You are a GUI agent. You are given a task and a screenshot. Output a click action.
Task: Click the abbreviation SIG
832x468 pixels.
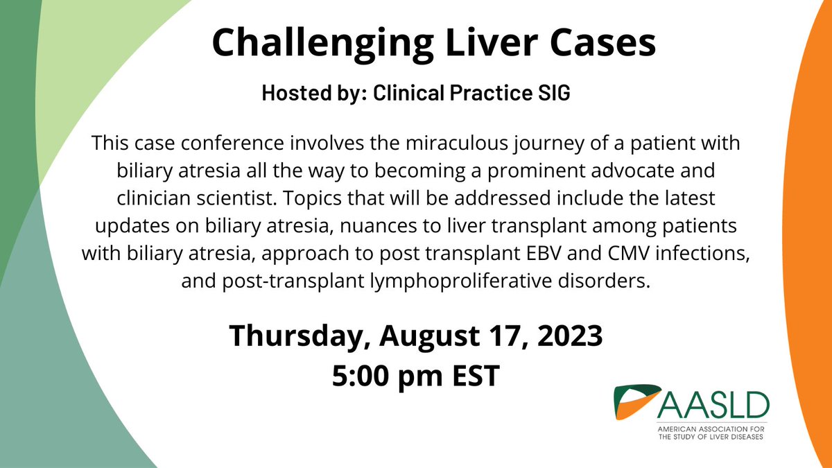tap(551, 94)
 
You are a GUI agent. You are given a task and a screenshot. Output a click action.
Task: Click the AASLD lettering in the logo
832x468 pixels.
tap(715, 403)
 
